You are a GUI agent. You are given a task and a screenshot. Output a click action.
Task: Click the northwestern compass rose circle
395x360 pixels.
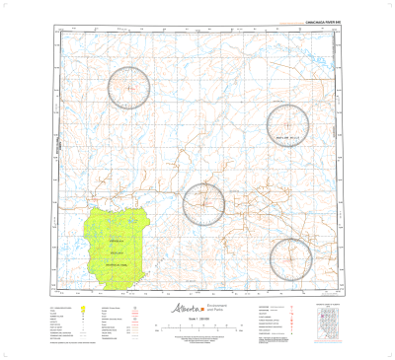pyautogui.click(x=129, y=87)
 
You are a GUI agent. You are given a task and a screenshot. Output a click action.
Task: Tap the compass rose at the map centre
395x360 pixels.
pyautogui.click(x=203, y=204)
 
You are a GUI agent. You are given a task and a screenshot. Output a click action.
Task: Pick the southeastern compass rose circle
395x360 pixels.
pyautogui.click(x=293, y=258)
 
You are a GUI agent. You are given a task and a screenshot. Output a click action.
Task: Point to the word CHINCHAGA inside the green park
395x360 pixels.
pyautogui.click(x=117, y=241)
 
